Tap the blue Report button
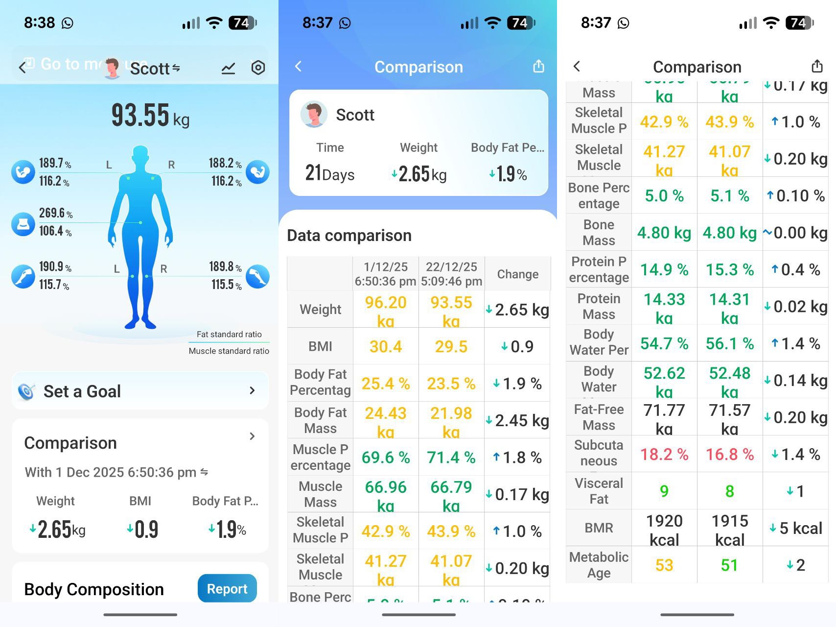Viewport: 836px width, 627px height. point(227,588)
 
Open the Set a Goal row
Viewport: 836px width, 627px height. point(140,391)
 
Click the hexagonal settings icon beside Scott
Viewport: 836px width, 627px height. point(258,68)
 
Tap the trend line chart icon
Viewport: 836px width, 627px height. point(228,69)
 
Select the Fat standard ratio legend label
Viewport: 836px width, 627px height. point(229,334)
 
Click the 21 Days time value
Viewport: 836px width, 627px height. point(329,173)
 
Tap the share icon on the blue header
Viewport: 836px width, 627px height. point(538,66)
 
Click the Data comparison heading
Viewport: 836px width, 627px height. point(349,236)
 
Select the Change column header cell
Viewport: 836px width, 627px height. point(517,274)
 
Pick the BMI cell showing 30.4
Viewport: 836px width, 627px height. point(386,347)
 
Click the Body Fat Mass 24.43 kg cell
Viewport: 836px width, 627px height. point(386,421)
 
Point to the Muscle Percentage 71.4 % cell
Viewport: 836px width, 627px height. point(451,458)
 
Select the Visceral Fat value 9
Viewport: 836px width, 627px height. point(664,491)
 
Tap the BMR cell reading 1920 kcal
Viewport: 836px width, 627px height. point(664,529)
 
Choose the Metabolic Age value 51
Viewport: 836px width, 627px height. point(729,565)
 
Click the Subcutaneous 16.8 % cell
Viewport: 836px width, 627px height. point(729,455)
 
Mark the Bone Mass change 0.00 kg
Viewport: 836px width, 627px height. point(795,233)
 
